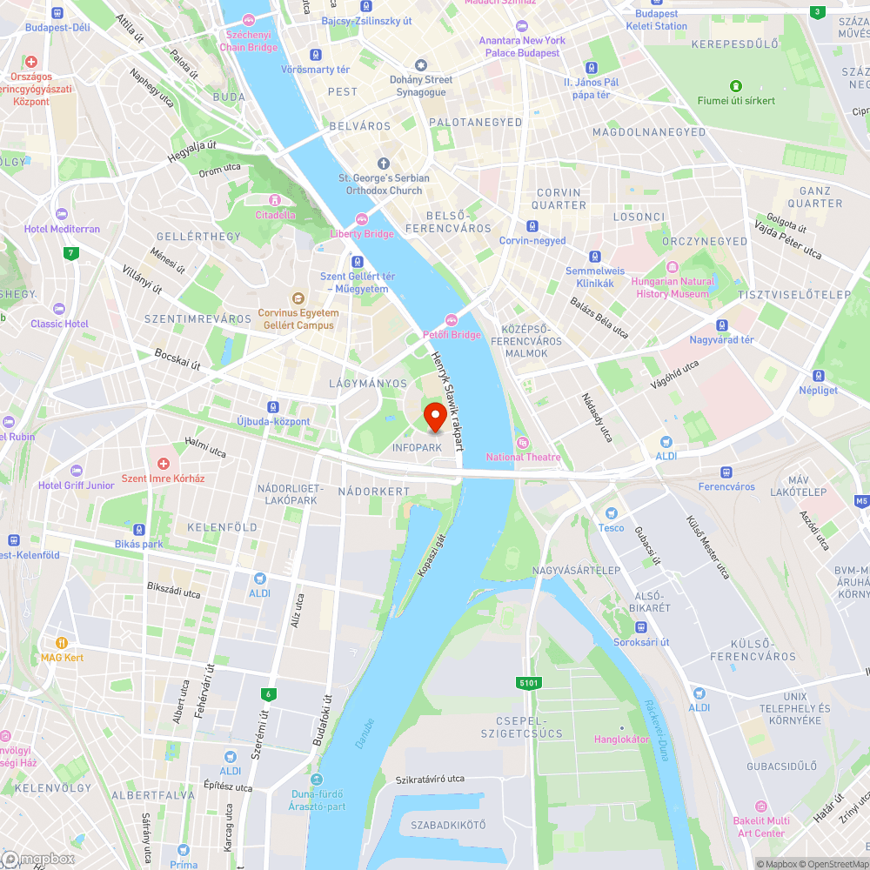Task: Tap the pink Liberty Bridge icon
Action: (x=362, y=219)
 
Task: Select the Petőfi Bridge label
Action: (x=452, y=334)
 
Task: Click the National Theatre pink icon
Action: (x=523, y=443)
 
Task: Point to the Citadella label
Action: (x=275, y=215)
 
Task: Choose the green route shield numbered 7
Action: (x=70, y=254)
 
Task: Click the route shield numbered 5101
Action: (x=529, y=683)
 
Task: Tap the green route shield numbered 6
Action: (x=267, y=693)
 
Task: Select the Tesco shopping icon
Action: (x=611, y=514)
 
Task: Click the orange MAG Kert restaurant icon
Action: (x=62, y=643)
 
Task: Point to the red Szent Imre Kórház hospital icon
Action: (x=163, y=464)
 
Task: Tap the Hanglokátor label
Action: (x=621, y=739)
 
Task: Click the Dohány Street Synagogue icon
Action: (x=421, y=65)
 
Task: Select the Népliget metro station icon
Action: (x=818, y=376)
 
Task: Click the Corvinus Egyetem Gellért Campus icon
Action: (x=298, y=298)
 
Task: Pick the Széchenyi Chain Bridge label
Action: (x=251, y=41)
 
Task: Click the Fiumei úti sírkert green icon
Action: (x=736, y=85)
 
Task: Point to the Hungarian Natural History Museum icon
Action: (x=672, y=267)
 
